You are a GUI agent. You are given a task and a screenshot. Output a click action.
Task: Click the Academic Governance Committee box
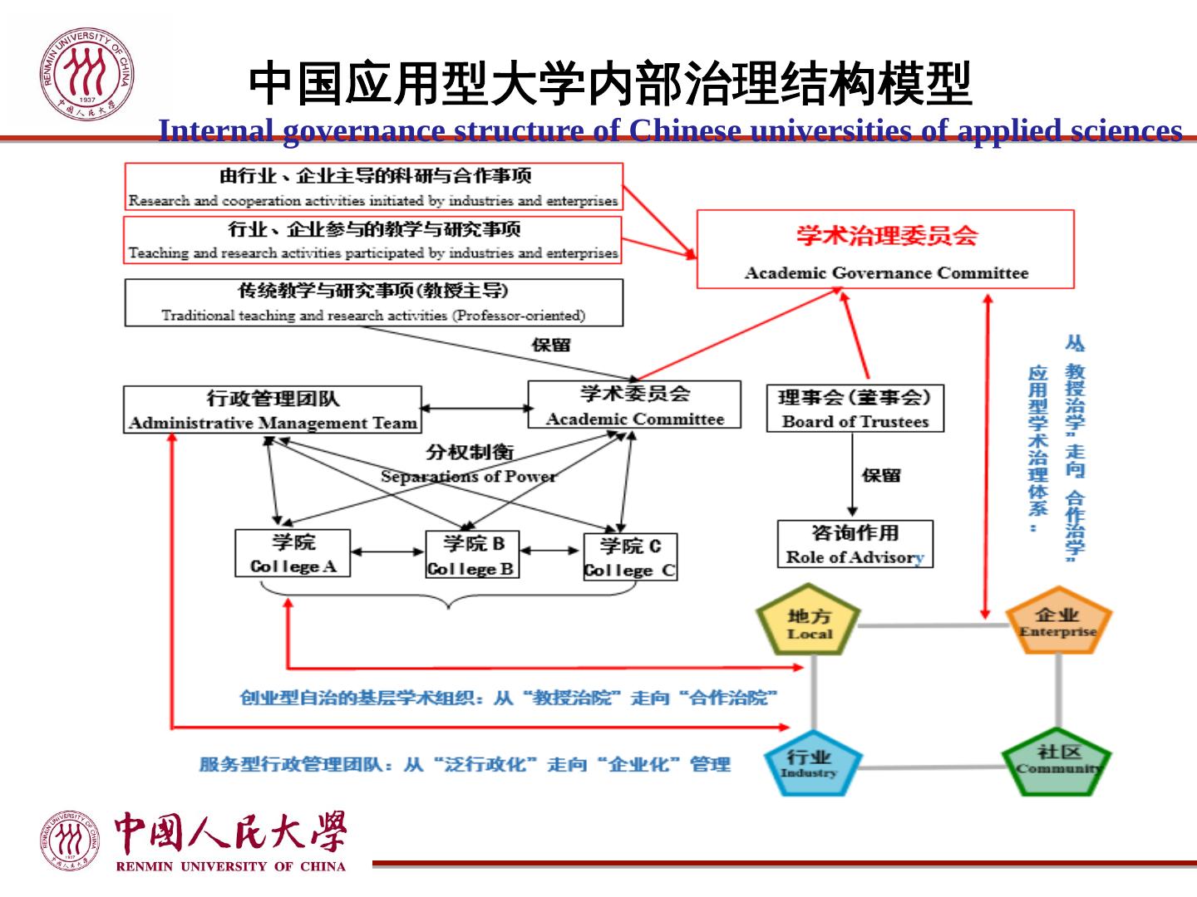tap(884, 249)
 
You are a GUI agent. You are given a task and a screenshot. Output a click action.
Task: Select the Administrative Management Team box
tap(273, 409)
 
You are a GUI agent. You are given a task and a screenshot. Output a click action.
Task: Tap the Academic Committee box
tap(634, 404)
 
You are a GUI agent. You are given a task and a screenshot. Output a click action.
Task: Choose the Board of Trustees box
tap(855, 408)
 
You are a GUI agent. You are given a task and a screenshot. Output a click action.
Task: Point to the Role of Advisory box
tap(855, 544)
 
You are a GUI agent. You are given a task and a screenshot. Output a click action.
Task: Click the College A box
tap(293, 553)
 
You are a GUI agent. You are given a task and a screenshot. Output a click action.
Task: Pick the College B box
tap(471, 555)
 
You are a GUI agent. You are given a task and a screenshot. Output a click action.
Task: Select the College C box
tap(630, 556)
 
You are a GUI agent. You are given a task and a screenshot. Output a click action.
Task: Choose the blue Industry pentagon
tap(809, 762)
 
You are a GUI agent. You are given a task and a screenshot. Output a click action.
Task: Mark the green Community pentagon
tap(1057, 760)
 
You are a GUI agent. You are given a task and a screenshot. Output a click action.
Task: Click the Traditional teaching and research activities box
tap(373, 302)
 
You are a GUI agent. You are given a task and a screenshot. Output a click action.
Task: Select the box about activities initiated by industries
tap(373, 187)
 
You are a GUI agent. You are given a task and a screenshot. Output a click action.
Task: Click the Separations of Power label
tap(469, 476)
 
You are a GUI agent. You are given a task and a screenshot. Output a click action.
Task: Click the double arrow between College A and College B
tap(387, 551)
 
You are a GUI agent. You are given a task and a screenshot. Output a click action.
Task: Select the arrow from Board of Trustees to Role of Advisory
tap(852, 474)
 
